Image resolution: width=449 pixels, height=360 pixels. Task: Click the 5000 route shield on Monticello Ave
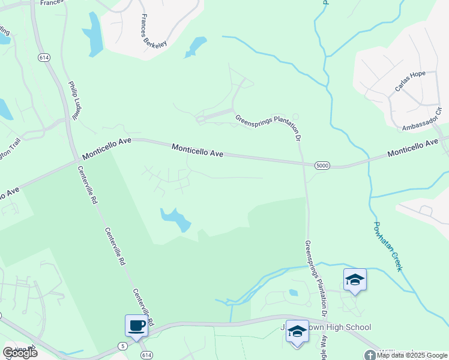click(322, 165)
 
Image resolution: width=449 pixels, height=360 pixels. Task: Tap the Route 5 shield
click(123, 346)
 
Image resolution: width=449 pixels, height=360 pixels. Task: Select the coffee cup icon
click(136, 326)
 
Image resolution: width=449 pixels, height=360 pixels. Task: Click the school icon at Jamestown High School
click(297, 331)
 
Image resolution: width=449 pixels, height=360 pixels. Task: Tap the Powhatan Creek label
click(387, 247)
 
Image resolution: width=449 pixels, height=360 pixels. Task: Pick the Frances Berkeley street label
click(153, 31)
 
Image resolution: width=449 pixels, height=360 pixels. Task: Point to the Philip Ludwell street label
click(75, 101)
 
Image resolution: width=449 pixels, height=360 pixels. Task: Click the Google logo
click(20, 353)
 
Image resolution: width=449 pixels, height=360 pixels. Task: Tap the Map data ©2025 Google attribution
click(412, 355)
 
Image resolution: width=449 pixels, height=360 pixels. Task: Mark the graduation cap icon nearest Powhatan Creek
click(355, 280)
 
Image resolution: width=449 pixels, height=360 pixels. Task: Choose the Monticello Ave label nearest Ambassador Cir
click(415, 148)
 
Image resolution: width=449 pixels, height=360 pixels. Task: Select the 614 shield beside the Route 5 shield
click(146, 355)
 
